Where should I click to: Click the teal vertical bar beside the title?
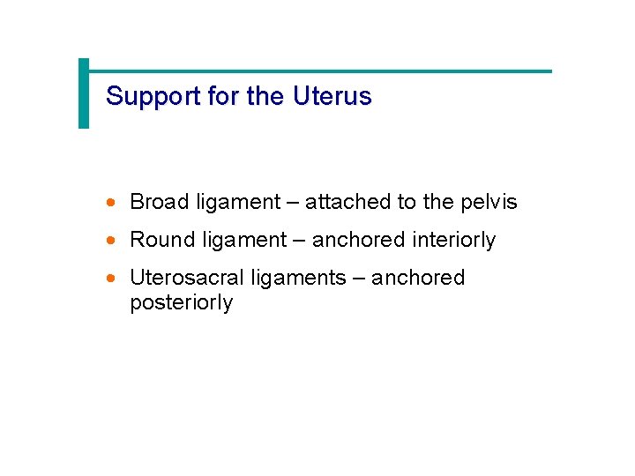tap(84, 93)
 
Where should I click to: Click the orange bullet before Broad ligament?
tap(110, 203)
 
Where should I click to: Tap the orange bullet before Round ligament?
tap(110, 241)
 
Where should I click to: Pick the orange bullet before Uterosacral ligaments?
tap(110, 279)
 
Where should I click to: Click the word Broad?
tap(159, 202)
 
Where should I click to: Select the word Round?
tap(161, 240)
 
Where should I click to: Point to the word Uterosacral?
tap(187, 278)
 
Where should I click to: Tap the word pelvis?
tap(489, 202)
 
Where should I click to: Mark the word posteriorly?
tap(181, 303)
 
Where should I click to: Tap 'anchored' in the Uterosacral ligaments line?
tap(417, 278)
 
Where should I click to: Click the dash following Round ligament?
tap(299, 241)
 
